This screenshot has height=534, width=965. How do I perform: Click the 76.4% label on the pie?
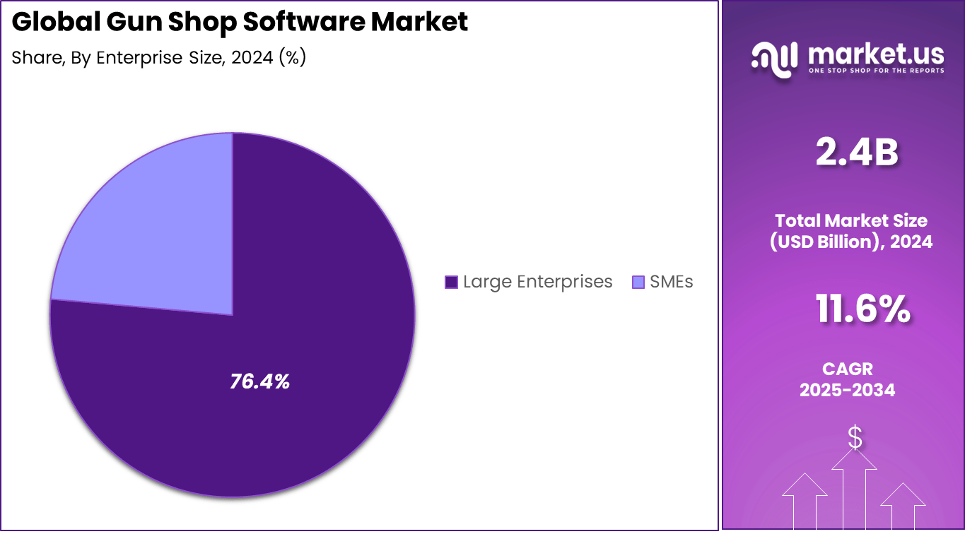pyautogui.click(x=259, y=382)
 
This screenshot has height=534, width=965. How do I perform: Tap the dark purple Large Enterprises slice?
pyautogui.click(x=297, y=283)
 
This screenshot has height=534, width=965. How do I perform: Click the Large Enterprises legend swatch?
pyautogui.click(x=451, y=283)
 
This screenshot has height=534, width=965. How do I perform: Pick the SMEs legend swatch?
pyautogui.click(x=638, y=283)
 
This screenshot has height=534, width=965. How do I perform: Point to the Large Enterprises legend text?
pyautogui.click(x=537, y=282)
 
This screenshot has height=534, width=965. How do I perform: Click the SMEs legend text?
pyautogui.click(x=672, y=282)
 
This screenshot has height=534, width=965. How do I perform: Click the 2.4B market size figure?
pyautogui.click(x=856, y=153)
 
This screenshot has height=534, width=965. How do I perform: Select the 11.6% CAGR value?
pyautogui.click(x=862, y=310)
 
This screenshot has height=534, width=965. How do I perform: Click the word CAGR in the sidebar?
pyautogui.click(x=847, y=369)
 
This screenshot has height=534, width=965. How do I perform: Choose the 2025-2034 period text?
pyautogui.click(x=847, y=390)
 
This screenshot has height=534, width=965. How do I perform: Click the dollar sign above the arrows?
pyautogui.click(x=855, y=438)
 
